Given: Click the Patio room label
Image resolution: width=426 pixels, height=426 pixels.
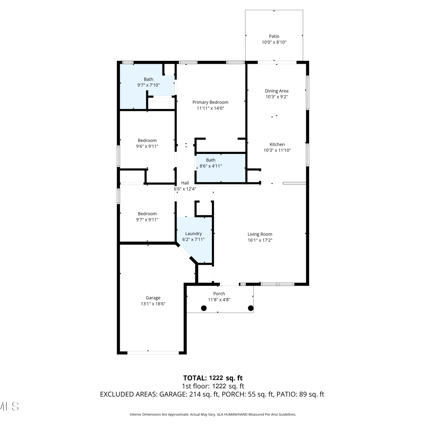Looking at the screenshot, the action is pos(274,36).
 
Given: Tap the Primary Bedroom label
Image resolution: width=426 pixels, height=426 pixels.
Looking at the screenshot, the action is pos(210,102).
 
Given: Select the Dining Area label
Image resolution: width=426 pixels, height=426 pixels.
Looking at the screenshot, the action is pos(277,91).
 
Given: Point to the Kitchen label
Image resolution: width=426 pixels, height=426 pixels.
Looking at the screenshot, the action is pos(277,144).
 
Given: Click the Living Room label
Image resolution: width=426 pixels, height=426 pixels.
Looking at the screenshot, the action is pos(260,234).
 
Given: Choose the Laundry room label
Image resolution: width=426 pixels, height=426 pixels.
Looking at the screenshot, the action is pos(193,234).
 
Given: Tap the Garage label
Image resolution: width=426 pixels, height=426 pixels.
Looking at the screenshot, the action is pos(153,298).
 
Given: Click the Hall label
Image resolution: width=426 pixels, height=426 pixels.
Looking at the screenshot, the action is pos(185,183).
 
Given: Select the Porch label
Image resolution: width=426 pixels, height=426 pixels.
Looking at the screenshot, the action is pos(219,294).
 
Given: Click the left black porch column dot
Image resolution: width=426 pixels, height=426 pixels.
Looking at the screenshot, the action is pos(204,308).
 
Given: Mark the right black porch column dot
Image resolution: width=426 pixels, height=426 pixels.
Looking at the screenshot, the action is pos(251,308).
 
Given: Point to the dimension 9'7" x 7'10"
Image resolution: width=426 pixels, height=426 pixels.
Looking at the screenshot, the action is pos(149,85).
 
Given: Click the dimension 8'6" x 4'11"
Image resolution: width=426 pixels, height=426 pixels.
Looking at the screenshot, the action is pos(211,166).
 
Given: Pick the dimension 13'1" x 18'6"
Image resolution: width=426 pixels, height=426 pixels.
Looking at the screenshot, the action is pos(153,304).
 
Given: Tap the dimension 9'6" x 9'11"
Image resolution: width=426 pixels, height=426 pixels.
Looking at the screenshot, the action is pos(147,147).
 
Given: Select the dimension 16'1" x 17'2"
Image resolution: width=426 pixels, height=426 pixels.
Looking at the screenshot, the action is pos(260,240).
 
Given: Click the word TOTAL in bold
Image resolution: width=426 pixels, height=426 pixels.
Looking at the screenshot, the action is pos(195,378).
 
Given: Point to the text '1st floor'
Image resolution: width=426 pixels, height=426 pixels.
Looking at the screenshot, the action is pos(196,386).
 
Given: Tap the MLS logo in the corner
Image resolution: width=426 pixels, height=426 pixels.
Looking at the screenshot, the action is pos(9,406).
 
